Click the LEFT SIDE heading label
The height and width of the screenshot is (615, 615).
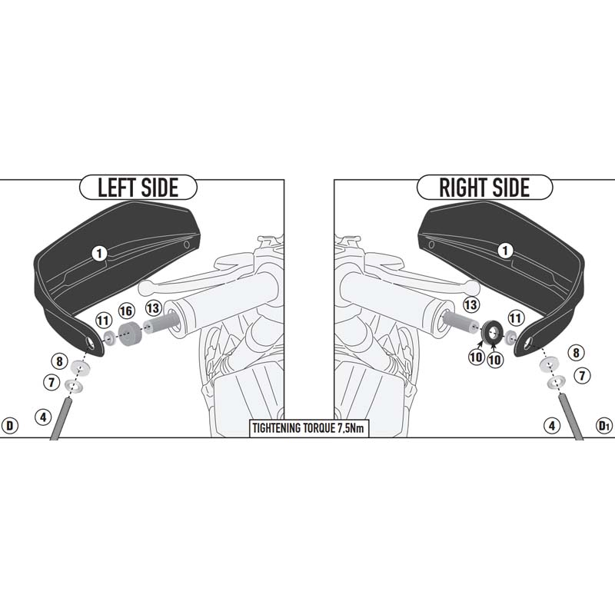138,187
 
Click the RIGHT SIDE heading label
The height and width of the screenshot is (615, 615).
484,187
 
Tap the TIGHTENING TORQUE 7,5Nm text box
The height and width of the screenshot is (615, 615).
309,428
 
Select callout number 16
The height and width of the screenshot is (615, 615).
126,311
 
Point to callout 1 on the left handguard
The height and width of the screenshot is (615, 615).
99,254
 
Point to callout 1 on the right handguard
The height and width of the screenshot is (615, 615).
505,251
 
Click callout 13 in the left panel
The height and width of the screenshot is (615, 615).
153,308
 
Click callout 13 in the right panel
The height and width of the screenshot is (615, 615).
470,304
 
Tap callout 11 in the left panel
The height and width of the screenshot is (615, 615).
103,321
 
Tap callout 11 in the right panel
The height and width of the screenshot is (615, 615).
516,317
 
